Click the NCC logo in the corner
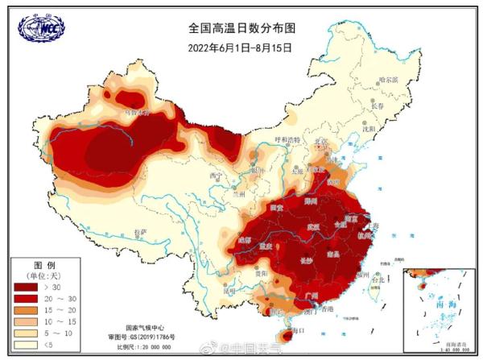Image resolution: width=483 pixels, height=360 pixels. click(41, 27)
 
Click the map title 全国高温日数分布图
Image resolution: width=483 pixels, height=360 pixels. click(242, 27)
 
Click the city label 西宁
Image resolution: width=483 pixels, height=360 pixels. click(215, 175)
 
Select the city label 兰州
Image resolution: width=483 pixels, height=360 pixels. click(237, 194)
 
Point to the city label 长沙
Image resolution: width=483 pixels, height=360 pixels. click(307, 260)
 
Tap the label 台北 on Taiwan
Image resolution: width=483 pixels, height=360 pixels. click(376, 279)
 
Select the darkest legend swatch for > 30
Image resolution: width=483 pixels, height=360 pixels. click(27, 286)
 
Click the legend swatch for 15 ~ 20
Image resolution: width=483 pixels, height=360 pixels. click(27, 310)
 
